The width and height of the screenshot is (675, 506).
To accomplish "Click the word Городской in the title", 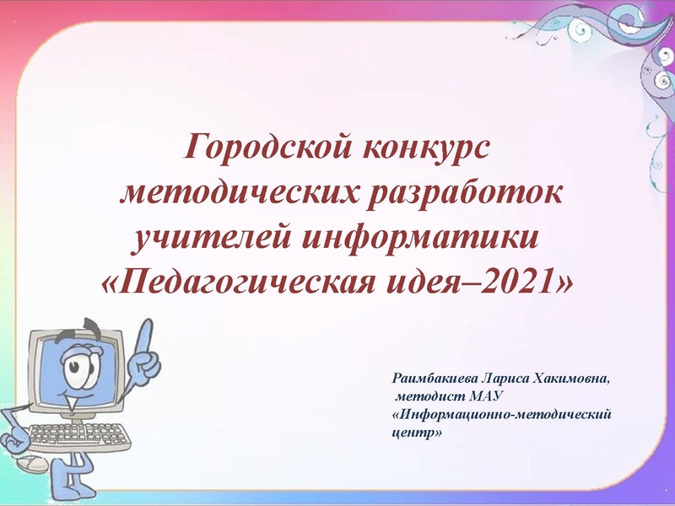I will point(262,149).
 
